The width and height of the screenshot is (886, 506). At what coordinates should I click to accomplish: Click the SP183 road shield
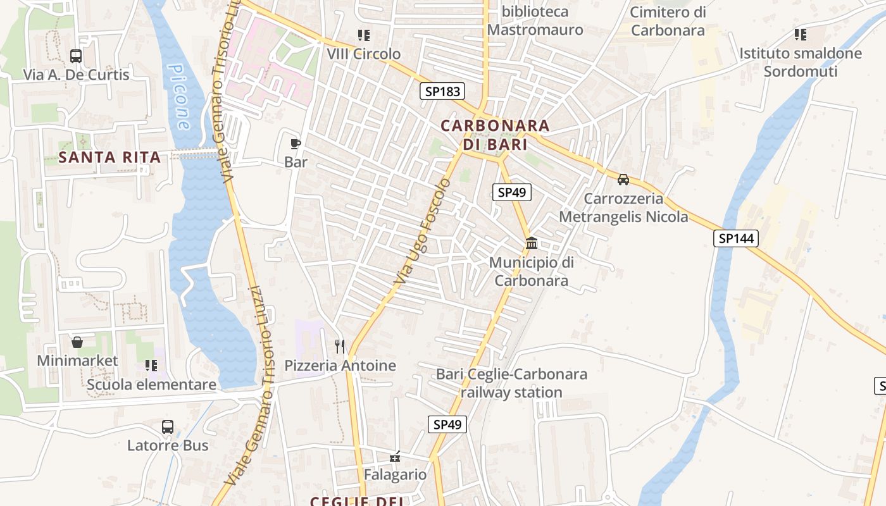click(442, 91)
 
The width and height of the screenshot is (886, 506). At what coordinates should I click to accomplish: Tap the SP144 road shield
click(735, 238)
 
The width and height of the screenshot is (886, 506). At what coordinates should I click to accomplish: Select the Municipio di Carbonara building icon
click(532, 243)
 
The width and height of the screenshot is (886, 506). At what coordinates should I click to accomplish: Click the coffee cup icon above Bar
click(296, 144)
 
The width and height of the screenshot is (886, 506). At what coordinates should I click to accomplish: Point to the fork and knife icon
click(340, 346)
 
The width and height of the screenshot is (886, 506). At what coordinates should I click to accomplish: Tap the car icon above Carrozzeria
click(623, 179)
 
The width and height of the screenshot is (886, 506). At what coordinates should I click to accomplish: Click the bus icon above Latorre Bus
click(168, 426)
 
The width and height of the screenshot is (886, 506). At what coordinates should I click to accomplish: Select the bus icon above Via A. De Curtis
click(76, 56)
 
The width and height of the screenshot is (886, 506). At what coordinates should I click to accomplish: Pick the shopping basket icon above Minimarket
click(77, 342)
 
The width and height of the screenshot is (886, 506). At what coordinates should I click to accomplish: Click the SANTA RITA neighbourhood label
click(109, 157)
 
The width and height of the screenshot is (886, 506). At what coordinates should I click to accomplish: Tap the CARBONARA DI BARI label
click(496, 135)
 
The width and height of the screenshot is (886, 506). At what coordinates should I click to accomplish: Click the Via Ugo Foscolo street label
click(422, 231)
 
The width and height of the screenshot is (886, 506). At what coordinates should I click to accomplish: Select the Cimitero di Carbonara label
click(668, 21)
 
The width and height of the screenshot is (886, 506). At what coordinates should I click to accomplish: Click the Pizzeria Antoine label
click(340, 366)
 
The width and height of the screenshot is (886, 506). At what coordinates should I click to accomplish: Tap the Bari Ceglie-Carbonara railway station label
click(511, 383)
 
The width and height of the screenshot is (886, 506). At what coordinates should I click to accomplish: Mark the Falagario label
click(395, 474)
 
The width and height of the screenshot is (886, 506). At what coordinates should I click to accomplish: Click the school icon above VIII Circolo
click(363, 35)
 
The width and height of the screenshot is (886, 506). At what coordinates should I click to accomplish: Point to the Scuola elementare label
click(151, 385)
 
